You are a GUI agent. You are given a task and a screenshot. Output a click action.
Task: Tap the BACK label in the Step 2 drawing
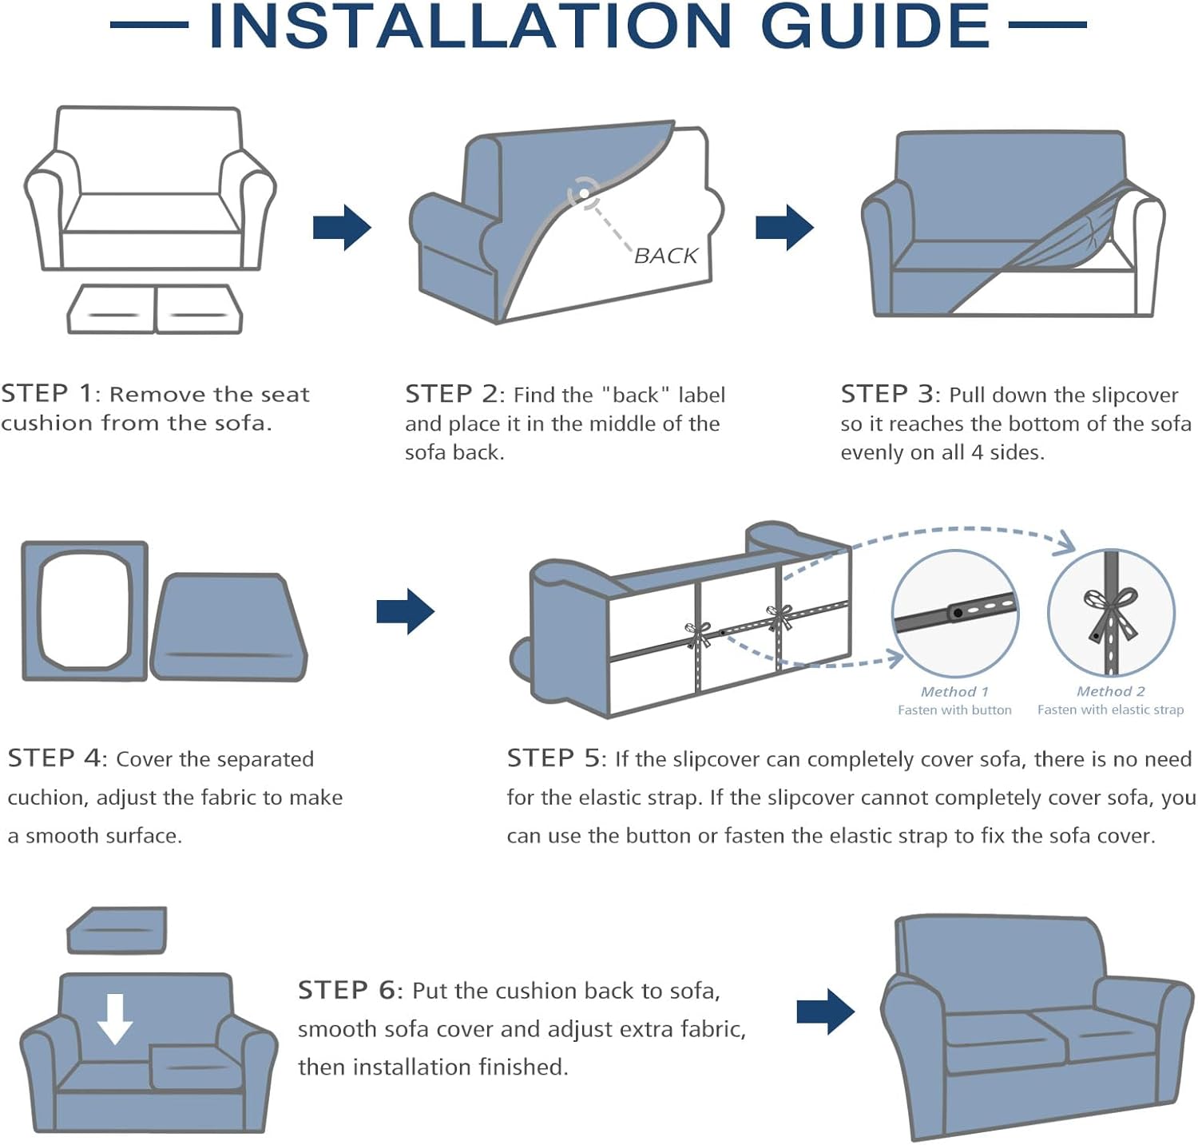666,256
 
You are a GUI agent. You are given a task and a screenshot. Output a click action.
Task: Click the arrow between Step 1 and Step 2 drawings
342,227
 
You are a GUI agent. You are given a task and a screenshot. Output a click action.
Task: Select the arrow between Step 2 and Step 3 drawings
784,227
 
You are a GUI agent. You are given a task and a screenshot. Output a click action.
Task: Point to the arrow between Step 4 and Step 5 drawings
406,612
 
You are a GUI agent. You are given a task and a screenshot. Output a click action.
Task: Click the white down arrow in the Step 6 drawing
116,1019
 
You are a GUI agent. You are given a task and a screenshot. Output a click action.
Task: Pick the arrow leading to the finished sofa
826,1012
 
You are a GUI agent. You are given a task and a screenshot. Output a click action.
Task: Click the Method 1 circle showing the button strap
955,614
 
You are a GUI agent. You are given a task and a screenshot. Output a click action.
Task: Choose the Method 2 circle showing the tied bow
1111,614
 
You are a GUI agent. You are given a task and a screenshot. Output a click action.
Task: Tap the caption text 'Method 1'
954,692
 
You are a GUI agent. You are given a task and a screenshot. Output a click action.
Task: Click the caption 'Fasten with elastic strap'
1110,710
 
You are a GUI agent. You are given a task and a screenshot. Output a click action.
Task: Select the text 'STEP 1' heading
47,393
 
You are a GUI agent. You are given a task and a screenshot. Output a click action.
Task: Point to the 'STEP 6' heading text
347,990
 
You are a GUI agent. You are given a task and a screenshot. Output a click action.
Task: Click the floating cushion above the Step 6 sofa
117,930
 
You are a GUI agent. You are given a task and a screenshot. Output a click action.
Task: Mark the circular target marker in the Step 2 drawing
584,193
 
